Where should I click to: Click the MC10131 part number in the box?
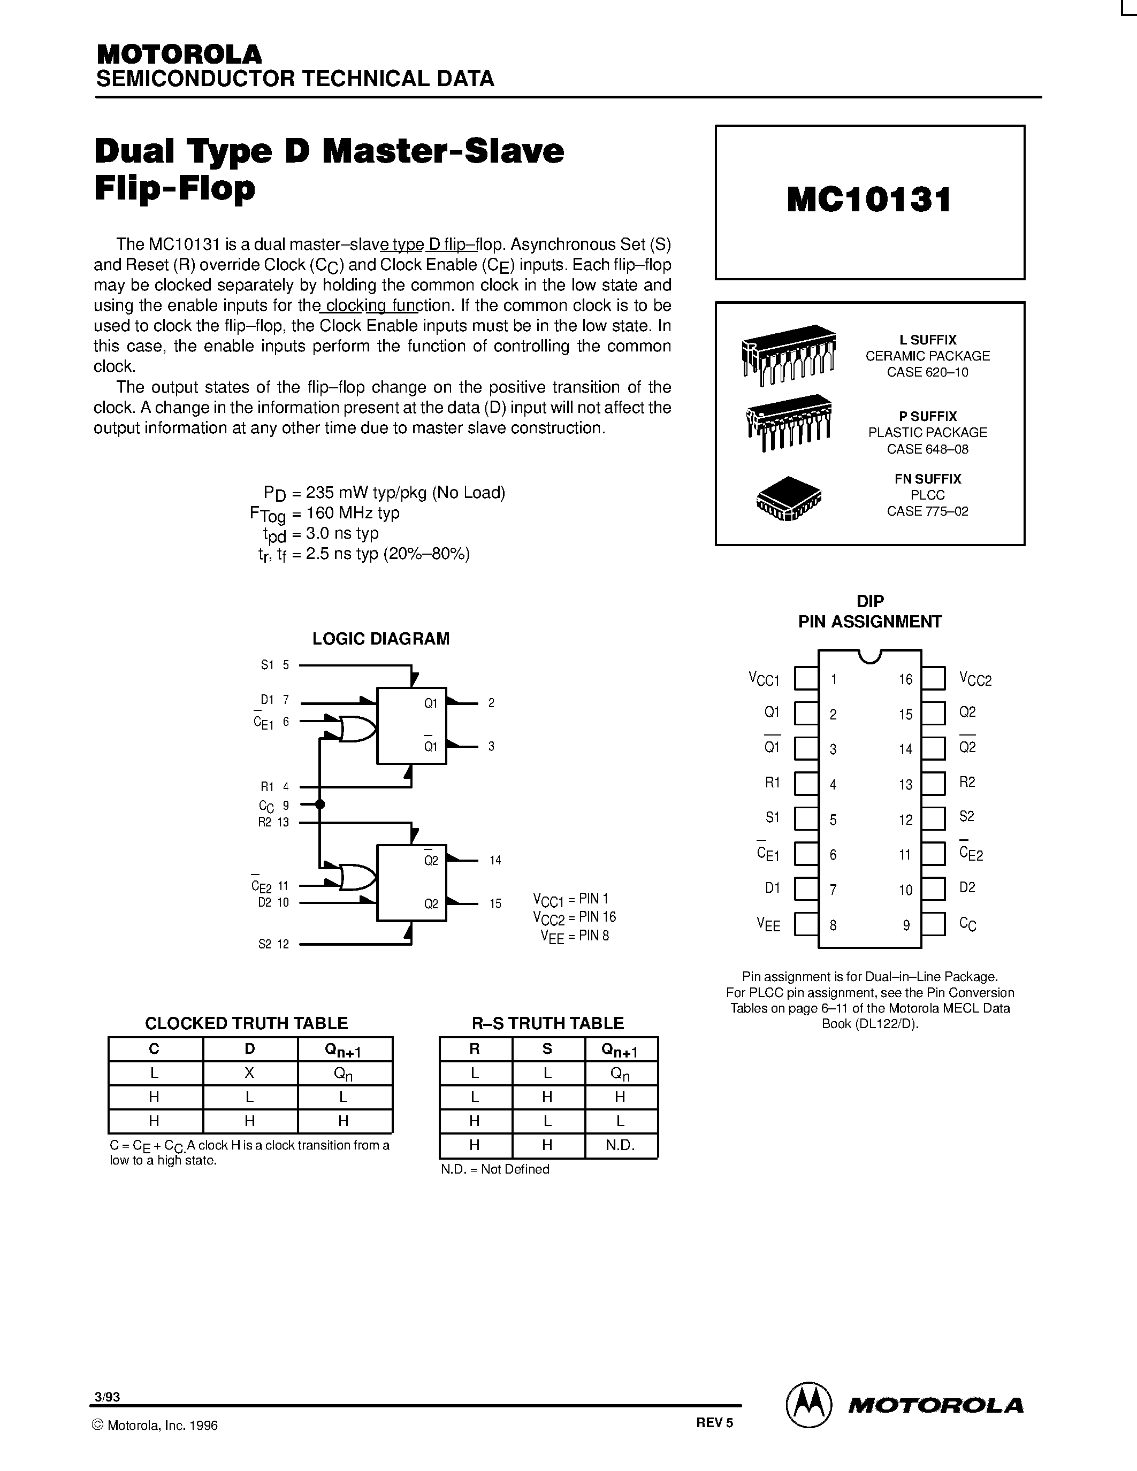coord(869,200)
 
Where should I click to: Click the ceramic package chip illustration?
coord(788,354)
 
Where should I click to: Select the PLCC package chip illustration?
coord(789,499)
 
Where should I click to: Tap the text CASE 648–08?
coord(927,449)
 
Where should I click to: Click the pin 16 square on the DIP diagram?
coord(933,678)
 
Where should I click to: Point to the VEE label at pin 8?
coord(768,925)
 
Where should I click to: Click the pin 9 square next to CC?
coord(933,923)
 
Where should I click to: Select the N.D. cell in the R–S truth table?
coord(620,1146)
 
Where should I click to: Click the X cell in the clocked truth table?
coord(249,1073)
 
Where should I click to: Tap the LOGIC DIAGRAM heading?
coord(380,639)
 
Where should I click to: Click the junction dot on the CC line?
coord(320,804)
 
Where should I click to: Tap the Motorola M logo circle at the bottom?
coord(809,1404)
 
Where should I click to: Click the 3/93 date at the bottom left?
coord(108,1397)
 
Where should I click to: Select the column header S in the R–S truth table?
coord(547,1049)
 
